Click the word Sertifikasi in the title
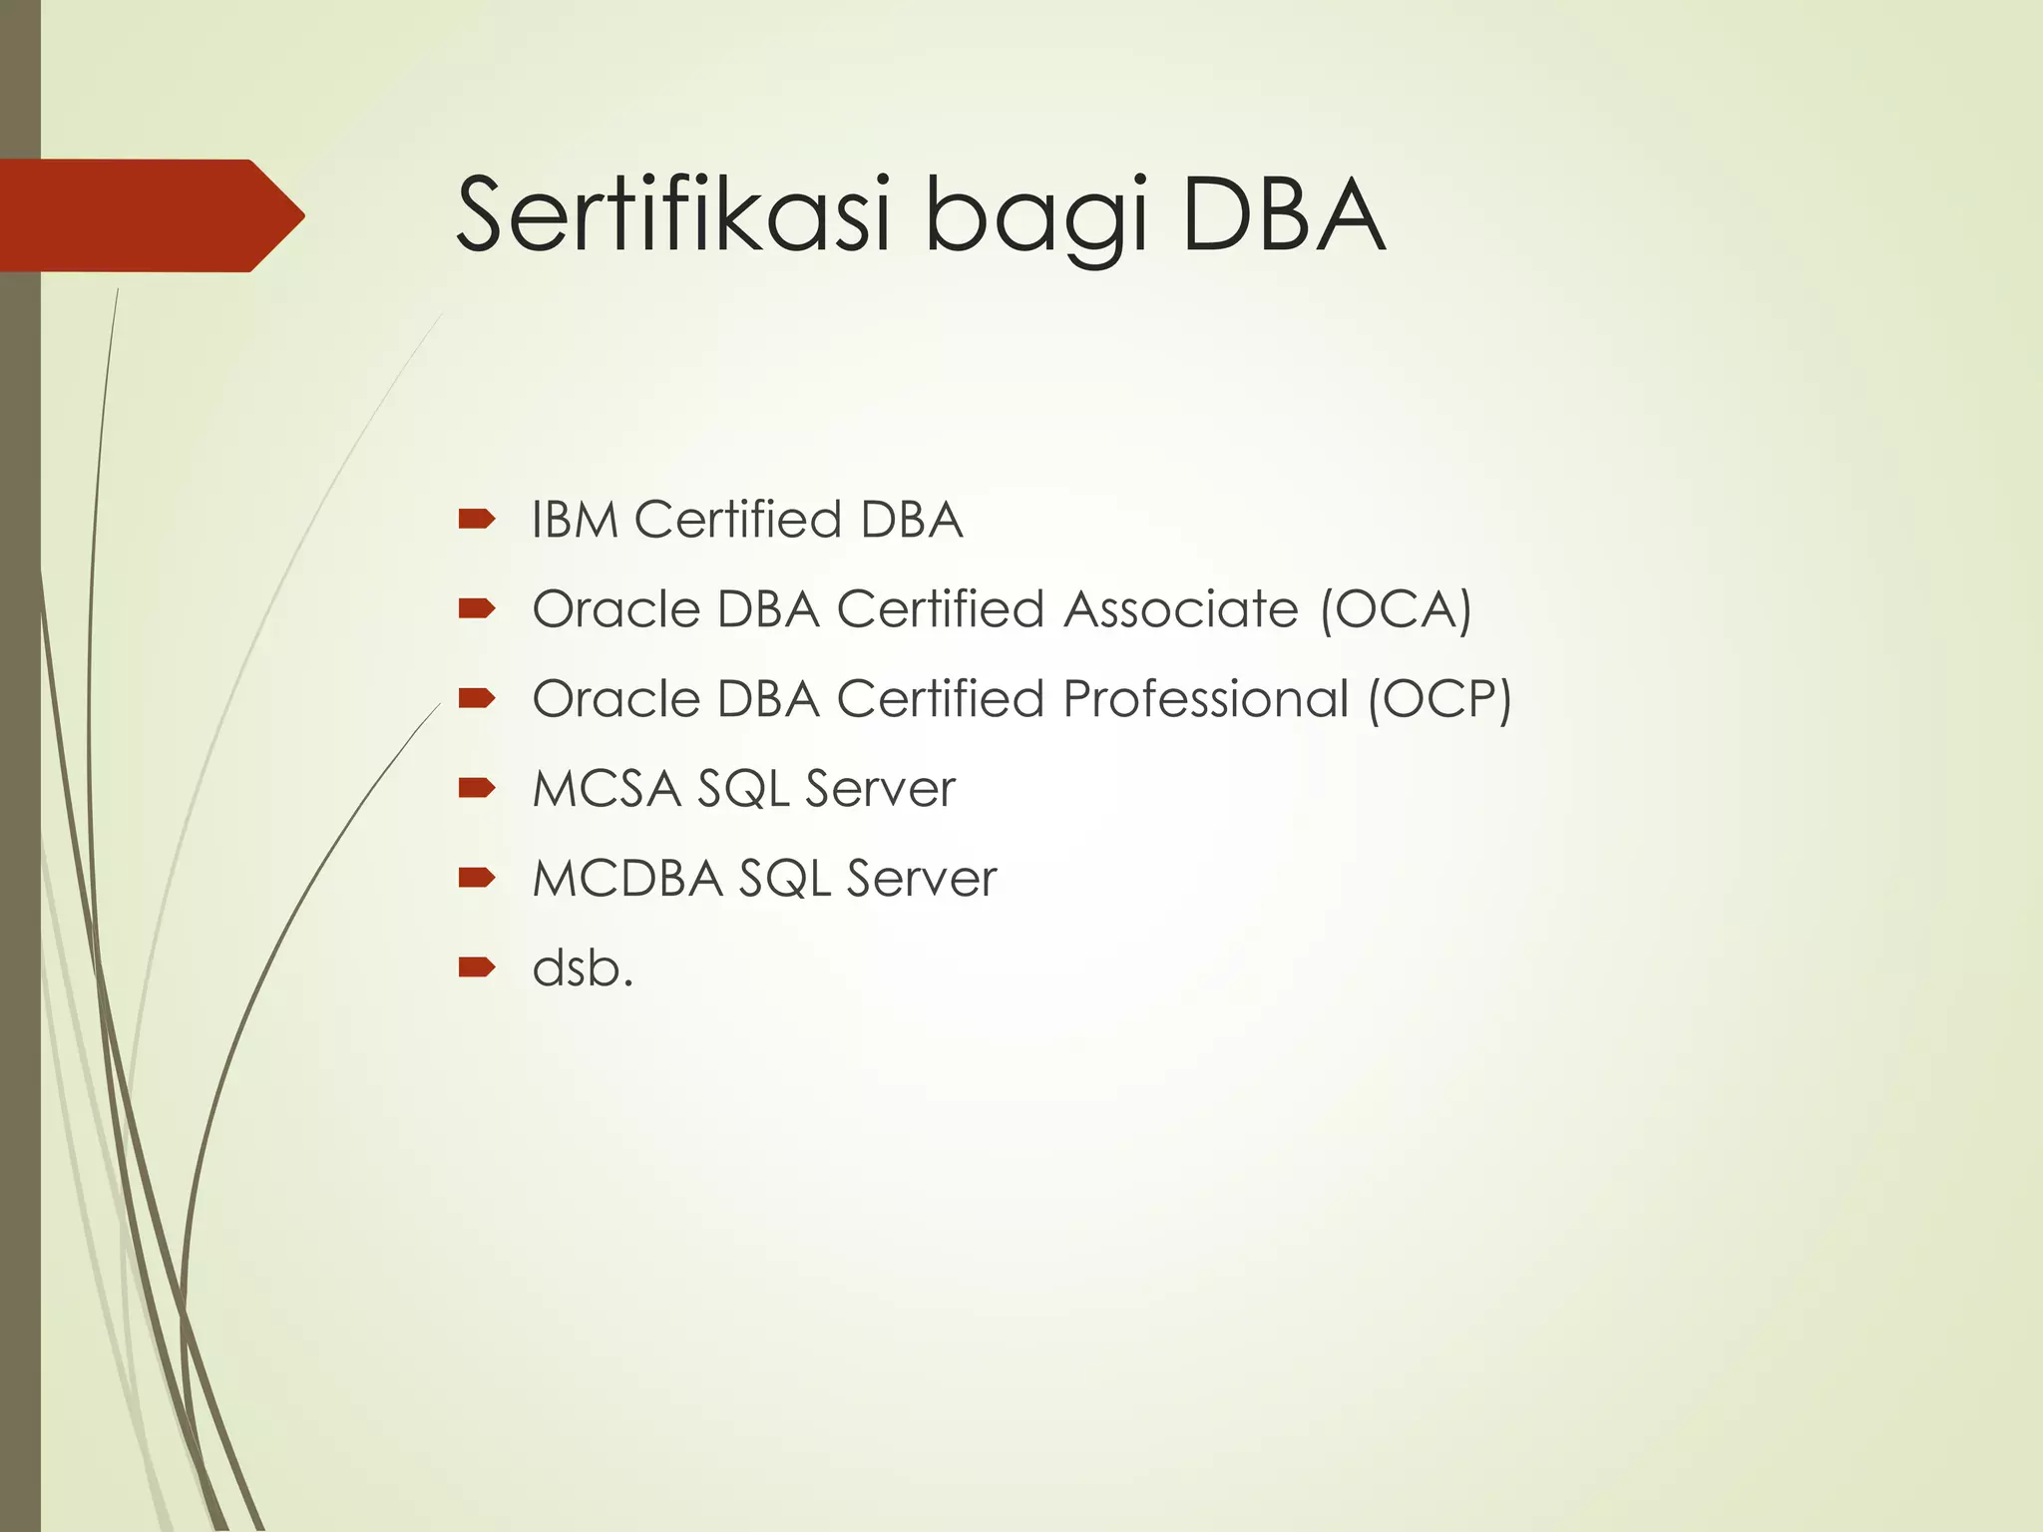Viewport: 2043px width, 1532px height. coord(672,214)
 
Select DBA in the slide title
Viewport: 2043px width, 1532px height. coord(1284,214)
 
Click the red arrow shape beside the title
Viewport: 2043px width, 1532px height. coord(150,215)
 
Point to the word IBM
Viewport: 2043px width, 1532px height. coord(575,520)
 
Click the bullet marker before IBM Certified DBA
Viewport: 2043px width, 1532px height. coord(477,519)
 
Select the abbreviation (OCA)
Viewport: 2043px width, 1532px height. coord(1396,609)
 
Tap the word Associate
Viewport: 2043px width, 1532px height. coord(1181,609)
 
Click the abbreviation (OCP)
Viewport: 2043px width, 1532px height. coord(1439,699)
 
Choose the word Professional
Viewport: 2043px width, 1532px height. coord(1205,699)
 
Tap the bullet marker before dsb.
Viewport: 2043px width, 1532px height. coord(477,966)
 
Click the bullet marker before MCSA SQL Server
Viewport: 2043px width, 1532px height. coord(477,788)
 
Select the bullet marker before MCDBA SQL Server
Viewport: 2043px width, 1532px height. coord(477,878)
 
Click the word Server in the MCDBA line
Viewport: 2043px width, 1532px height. coord(921,879)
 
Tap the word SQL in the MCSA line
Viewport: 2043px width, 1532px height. coord(743,789)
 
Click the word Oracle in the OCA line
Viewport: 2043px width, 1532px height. coord(615,609)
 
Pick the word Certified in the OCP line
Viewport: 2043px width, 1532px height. coord(941,699)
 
